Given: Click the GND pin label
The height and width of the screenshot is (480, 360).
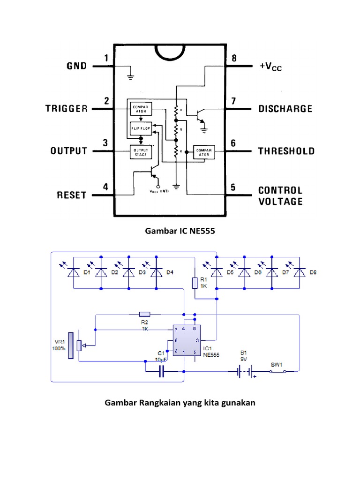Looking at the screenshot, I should coord(76,66).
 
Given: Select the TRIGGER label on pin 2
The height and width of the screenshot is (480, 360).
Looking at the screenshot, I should coord(66,109).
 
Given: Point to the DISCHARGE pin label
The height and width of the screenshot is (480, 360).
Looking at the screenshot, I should coord(285,109).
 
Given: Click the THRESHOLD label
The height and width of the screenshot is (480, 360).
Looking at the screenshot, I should coord(286,151).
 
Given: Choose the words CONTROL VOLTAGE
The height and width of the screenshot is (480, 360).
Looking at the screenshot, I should coord(280,196).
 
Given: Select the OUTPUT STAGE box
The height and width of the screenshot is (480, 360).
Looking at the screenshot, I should coord(140,151).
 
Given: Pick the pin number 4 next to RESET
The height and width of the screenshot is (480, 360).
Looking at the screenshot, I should coord(106,187).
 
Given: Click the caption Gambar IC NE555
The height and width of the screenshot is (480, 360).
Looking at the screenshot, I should coord(180,231).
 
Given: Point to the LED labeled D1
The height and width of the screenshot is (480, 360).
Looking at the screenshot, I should coord(74,272).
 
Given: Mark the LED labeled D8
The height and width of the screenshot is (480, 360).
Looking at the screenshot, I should coord(298,272).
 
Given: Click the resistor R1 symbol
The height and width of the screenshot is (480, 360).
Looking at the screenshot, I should coord(195,283).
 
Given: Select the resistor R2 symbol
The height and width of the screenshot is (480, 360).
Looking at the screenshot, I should coord(144,314).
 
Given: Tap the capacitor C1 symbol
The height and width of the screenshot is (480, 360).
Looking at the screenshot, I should coord(162,372).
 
